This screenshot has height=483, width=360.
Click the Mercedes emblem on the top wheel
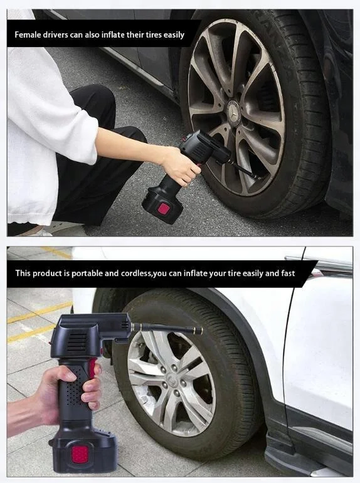point(234,107)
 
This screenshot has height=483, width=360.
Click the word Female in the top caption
point(29,34)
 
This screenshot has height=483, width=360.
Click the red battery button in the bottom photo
point(78,455)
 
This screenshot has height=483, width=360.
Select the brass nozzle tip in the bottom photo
point(198,330)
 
